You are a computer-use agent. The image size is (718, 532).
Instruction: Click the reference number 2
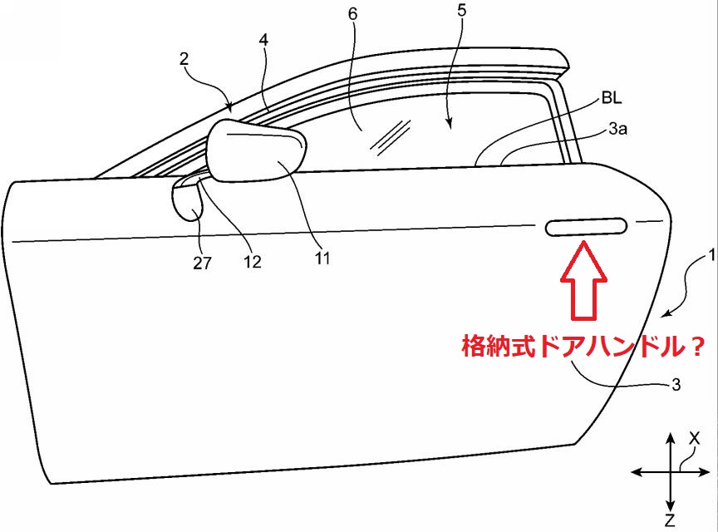coord(184,59)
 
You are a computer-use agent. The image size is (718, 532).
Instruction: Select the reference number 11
coord(322,259)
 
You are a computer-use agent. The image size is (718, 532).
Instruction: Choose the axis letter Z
coord(670,520)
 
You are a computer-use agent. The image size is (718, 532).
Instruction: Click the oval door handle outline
coord(586,226)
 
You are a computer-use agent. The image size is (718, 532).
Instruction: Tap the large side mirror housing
coord(254,155)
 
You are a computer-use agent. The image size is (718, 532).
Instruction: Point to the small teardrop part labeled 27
coord(188,203)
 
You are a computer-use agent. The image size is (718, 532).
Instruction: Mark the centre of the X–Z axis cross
coord(670,472)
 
